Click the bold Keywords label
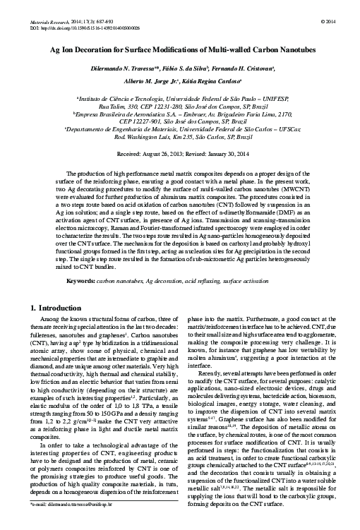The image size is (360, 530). (80, 282)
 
